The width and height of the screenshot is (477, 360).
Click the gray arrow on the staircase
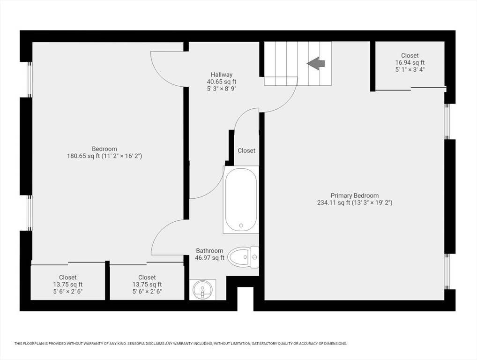(x=316, y=64)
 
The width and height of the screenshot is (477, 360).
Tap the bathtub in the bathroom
(x=241, y=200)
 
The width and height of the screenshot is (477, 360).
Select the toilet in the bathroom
(x=243, y=257)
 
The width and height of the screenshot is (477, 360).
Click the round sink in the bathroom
(x=202, y=290)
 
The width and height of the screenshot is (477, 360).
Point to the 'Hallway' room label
(x=222, y=75)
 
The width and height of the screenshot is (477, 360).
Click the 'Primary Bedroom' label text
(x=355, y=195)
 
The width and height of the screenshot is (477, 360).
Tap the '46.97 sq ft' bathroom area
(x=209, y=258)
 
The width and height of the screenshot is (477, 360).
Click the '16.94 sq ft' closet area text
(x=410, y=62)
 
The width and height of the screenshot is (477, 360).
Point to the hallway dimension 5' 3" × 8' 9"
(x=222, y=89)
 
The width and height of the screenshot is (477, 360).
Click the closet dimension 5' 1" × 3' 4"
(x=410, y=69)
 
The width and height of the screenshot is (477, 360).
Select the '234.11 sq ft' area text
(x=334, y=202)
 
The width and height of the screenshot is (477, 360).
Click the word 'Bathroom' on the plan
(x=209, y=251)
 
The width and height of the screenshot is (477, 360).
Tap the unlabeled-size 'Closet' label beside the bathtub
(x=246, y=150)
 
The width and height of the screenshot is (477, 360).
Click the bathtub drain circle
(x=241, y=225)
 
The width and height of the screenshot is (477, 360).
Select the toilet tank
(x=254, y=257)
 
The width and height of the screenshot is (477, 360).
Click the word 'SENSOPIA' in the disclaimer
(x=136, y=344)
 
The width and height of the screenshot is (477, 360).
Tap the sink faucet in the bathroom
(x=202, y=293)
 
